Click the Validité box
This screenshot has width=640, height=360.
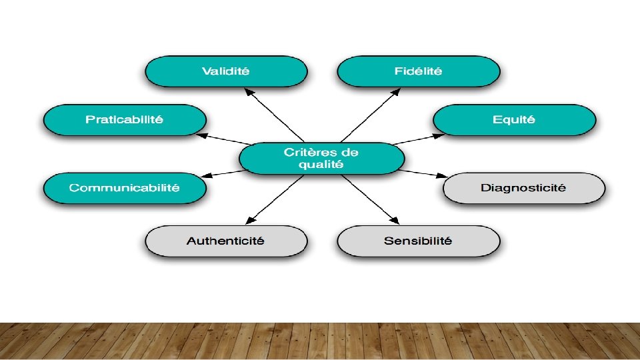[x=226, y=71]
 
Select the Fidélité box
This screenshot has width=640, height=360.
[x=418, y=71]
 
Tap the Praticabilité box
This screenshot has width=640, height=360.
[x=125, y=120]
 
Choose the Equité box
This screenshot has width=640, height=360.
[x=514, y=120]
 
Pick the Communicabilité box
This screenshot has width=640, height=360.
[x=125, y=188]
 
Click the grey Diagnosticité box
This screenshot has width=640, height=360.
[x=523, y=188]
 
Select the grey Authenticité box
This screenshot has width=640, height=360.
[x=226, y=241]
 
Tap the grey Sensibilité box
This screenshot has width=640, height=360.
[x=418, y=241]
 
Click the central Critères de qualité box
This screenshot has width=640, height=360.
[x=321, y=159]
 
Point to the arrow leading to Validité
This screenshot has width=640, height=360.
[x=270, y=117]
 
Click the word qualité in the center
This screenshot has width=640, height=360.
[x=321, y=165]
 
